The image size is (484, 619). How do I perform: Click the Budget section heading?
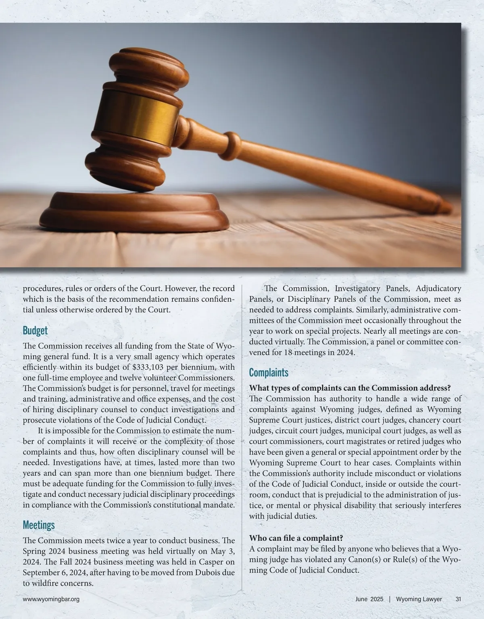35,331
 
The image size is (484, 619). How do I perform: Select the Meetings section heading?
38,525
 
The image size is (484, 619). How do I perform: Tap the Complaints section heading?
269,372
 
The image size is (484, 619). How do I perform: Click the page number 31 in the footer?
458,599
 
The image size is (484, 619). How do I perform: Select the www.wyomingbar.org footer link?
51,599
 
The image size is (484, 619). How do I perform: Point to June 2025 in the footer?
370,599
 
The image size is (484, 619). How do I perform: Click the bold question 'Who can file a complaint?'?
296,538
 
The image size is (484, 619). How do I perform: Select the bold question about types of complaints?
350,388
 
